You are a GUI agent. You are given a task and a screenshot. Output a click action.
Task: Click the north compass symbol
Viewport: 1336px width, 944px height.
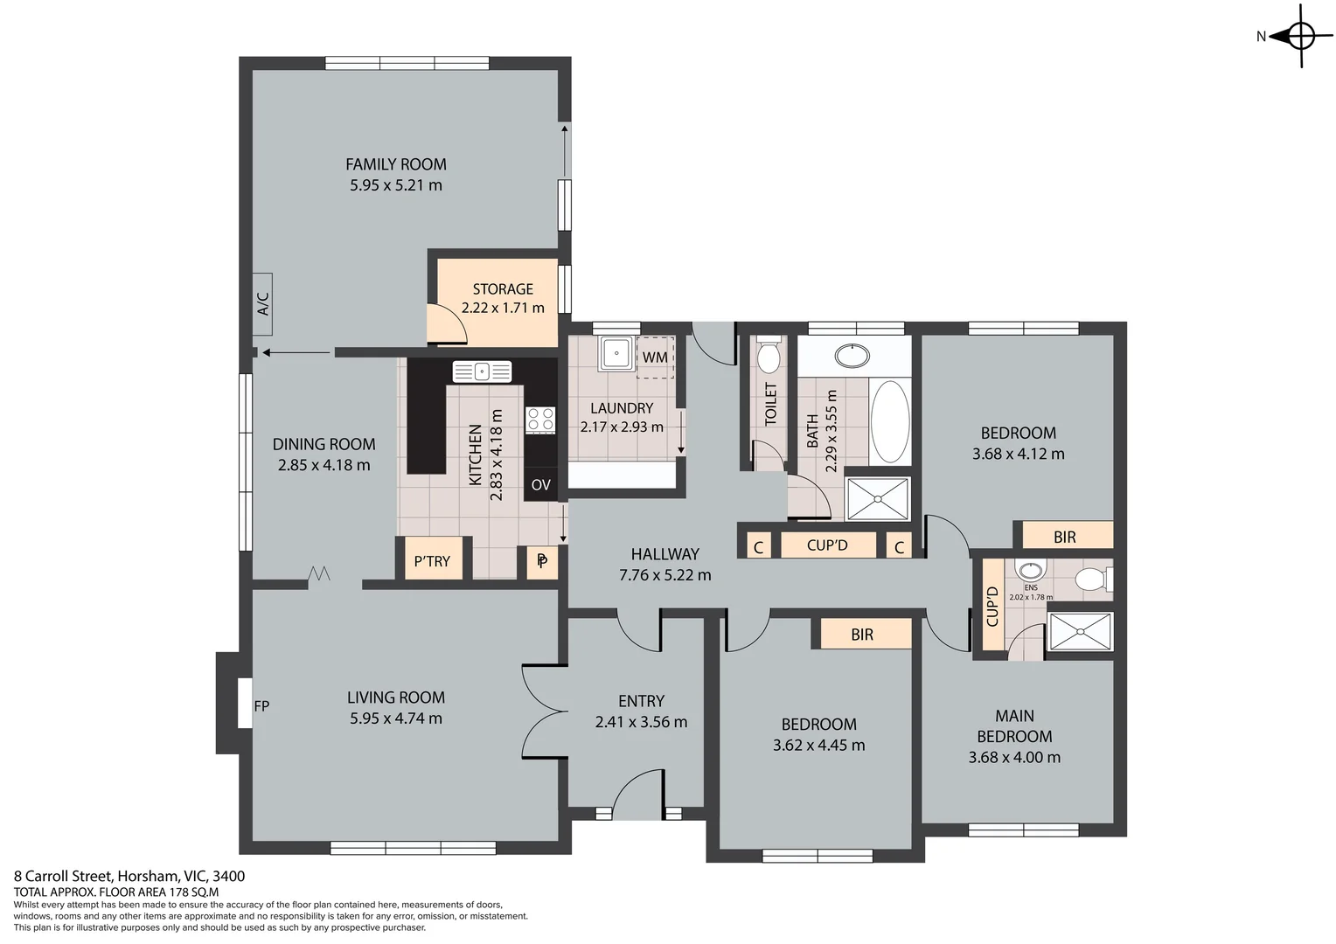click(x=1300, y=37)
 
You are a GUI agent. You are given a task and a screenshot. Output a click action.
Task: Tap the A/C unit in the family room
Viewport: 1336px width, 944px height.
click(x=263, y=303)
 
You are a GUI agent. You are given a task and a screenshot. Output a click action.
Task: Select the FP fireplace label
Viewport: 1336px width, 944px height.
click(x=261, y=705)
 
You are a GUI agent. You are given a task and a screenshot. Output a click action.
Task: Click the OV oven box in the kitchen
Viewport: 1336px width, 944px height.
click(x=540, y=484)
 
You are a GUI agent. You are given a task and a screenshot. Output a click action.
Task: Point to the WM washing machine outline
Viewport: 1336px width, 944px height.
click(x=655, y=357)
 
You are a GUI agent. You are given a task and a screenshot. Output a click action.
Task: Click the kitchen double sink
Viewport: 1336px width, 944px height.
click(x=482, y=371)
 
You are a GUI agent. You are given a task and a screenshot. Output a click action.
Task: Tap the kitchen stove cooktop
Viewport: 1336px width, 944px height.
click(x=539, y=420)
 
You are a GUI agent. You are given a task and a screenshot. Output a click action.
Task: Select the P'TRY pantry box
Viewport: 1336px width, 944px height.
click(x=432, y=560)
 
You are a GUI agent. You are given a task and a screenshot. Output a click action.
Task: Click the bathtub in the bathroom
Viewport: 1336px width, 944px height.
click(x=890, y=422)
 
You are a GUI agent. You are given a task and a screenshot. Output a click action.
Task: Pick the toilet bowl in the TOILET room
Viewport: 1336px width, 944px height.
click(x=768, y=357)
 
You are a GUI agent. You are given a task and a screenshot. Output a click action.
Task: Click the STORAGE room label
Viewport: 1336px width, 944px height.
click(x=503, y=288)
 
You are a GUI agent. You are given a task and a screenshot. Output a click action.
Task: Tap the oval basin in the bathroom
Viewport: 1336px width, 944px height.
click(x=852, y=356)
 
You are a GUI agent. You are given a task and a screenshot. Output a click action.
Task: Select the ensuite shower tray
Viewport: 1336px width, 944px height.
click(x=1081, y=631)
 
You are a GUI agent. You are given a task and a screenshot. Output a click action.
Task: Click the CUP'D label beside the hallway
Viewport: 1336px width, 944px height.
click(x=827, y=545)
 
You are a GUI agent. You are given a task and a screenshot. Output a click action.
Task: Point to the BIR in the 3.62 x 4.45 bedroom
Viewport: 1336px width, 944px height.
click(x=862, y=635)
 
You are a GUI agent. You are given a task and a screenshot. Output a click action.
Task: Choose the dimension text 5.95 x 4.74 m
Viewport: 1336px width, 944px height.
click(x=396, y=718)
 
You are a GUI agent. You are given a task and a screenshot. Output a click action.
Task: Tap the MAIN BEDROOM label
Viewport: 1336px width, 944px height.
click(x=1014, y=726)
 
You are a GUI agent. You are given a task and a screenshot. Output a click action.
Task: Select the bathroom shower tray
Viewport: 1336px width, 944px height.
click(x=878, y=499)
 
